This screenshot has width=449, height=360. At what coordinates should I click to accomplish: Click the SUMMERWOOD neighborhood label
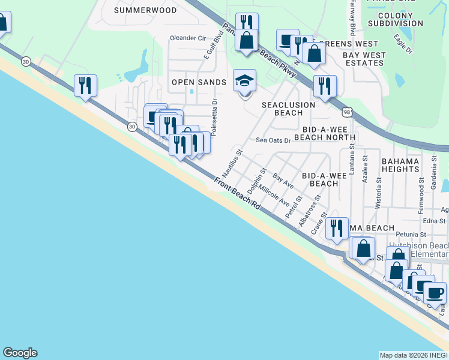[145, 10]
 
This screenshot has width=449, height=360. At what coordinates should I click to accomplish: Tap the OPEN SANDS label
[199, 82]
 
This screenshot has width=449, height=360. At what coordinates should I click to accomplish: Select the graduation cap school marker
[245, 80]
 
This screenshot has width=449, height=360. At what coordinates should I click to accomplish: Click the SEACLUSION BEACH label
[288, 108]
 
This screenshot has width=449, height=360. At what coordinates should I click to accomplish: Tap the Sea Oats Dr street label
[273, 140]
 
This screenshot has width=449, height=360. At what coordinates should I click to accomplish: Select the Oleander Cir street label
[188, 38]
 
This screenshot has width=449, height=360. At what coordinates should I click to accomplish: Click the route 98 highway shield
[348, 112]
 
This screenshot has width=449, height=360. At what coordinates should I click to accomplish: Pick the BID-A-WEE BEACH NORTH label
[329, 133]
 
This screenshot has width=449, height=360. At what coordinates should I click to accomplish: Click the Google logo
[20, 353]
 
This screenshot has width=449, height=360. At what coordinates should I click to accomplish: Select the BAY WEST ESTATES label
[364, 59]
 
